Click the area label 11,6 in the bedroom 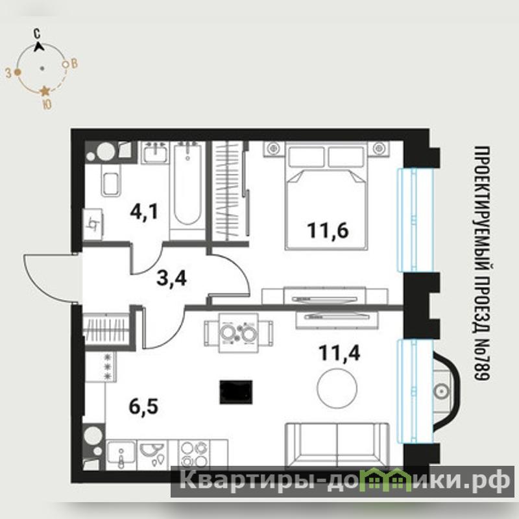(x=328, y=230)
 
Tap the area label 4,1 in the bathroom (x=144, y=211)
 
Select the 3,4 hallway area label (x=171, y=279)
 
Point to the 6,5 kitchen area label (x=143, y=406)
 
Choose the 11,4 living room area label (x=339, y=352)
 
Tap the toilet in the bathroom (x=111, y=180)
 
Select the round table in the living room (x=337, y=388)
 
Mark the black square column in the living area (x=236, y=392)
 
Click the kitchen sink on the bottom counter (x=121, y=453)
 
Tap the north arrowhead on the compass (x=39, y=46)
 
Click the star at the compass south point (x=45, y=91)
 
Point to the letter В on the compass (x=74, y=63)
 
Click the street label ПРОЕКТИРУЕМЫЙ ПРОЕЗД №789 (x=482, y=263)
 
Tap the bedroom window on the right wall (x=415, y=220)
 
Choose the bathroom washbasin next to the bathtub (x=154, y=152)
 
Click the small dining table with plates (x=239, y=332)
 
